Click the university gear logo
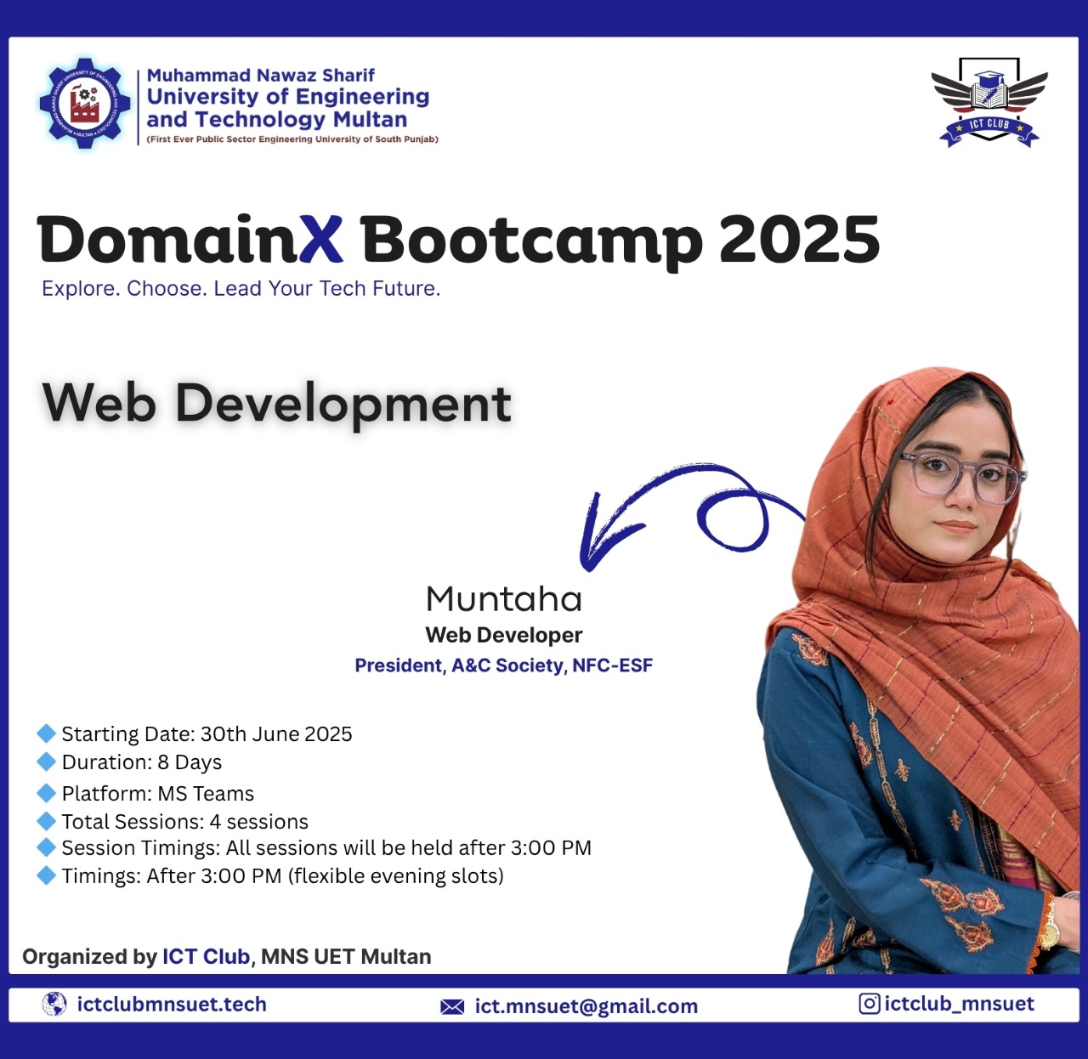tap(85, 104)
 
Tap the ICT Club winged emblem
tap(989, 102)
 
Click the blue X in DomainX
tap(309, 240)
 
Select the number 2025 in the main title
tap(798, 240)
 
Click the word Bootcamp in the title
tap(531, 241)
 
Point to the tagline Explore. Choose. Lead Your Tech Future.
tap(241, 289)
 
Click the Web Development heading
tap(277, 403)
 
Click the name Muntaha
tap(504, 599)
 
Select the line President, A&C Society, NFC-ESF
tap(503, 665)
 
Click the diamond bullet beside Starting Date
tap(46, 733)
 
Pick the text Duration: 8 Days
tap(142, 762)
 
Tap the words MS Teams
tap(206, 794)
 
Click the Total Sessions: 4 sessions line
tap(184, 822)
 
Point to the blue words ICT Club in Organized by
tap(206, 957)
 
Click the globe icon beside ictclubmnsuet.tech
tap(54, 1005)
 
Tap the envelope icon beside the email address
tap(452, 1007)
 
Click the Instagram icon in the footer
tap(869, 1004)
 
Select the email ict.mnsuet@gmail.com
tap(586, 1006)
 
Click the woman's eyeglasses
tap(960, 473)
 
